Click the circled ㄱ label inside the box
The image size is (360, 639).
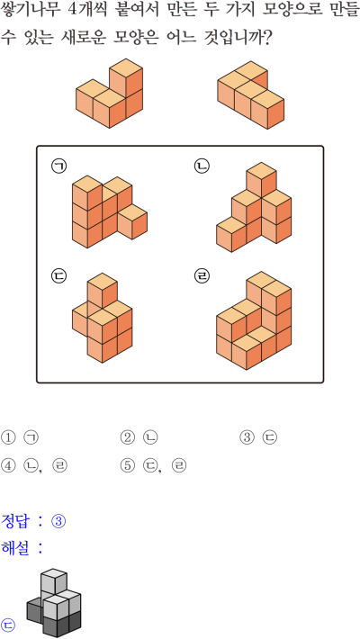(58, 166)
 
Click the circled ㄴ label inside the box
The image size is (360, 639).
(202, 166)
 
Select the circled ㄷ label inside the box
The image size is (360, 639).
(58, 276)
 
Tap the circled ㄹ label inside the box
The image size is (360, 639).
(202, 276)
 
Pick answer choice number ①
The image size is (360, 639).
(8, 437)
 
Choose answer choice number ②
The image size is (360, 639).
(127, 437)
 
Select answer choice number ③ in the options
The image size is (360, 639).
(247, 437)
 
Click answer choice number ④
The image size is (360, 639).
(8, 465)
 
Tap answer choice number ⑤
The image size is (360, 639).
(127, 465)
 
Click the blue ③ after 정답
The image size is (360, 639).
(58, 521)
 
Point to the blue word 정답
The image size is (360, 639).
(15, 521)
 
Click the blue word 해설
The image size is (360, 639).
(15, 548)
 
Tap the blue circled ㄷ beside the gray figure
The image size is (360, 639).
(8, 625)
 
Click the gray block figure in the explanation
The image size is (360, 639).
(54, 603)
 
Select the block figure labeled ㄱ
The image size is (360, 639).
(110, 211)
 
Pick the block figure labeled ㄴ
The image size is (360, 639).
(254, 207)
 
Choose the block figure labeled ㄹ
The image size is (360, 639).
(254, 320)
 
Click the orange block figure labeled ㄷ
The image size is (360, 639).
(102, 318)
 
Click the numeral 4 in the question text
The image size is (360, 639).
(73, 10)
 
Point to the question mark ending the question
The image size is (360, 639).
(266, 38)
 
